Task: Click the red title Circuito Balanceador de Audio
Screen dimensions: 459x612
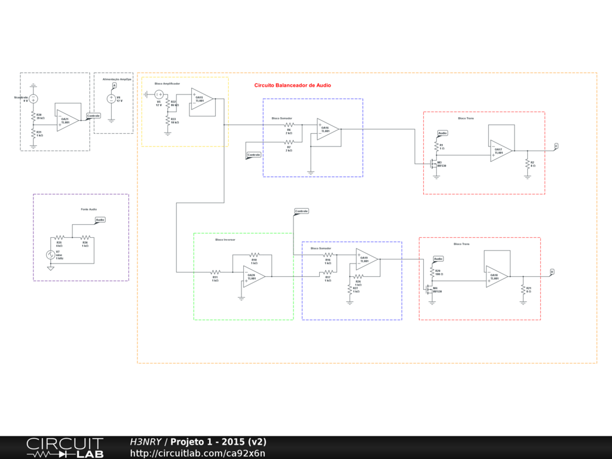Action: coord(292,85)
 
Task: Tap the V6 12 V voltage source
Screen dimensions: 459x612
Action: coord(111,99)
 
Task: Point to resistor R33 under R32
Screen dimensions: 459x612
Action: coord(168,120)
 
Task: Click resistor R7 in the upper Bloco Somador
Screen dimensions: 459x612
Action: coord(289,142)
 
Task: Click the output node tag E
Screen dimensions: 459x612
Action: coord(556,146)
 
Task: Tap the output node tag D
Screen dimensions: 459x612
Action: coord(552,273)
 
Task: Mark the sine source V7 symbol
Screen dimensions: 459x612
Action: coord(51,255)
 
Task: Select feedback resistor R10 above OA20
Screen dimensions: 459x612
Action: coord(254,255)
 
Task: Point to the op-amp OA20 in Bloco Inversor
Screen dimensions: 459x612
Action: coord(253,277)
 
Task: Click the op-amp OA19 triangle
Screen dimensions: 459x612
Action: coord(366,259)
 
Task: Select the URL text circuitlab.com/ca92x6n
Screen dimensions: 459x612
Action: coord(197,453)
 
